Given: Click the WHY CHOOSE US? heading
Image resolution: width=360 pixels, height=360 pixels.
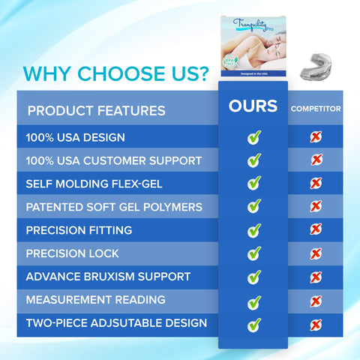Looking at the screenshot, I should pos(115,75).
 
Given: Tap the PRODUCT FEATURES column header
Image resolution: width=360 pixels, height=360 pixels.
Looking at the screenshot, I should pos(96,111).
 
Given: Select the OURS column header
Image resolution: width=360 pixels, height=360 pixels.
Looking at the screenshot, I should pos(253,106).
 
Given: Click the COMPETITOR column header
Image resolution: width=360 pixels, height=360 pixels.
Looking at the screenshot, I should pos(316,109).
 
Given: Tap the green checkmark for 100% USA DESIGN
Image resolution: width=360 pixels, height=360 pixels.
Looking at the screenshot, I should pos(254,137).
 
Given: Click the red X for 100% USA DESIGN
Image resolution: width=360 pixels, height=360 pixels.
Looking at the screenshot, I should pos(316,136).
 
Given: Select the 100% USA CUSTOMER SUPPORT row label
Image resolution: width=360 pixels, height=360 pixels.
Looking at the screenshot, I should pos(113,160).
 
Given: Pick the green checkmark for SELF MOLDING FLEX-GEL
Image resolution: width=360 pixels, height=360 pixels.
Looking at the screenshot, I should pos(254,183).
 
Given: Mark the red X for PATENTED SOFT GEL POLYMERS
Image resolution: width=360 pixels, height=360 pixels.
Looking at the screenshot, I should pos(316,206).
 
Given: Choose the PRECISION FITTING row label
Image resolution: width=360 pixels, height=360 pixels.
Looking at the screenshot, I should pos(79,230).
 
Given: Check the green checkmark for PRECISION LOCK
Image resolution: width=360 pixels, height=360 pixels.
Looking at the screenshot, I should pos(254,253).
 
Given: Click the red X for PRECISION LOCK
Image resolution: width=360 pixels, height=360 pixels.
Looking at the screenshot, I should pos(316,253).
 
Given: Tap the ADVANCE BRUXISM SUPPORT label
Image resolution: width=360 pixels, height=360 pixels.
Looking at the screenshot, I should pos(108,277).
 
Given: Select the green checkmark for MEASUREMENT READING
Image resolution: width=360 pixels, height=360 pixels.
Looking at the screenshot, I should pos(254,301).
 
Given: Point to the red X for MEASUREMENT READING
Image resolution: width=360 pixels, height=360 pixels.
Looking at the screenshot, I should pos(316,301).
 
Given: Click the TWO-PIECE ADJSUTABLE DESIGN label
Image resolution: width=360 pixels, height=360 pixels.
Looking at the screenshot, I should pos(116,323).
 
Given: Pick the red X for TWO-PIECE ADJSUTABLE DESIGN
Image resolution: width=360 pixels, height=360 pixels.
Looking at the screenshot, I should pos(316,324).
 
